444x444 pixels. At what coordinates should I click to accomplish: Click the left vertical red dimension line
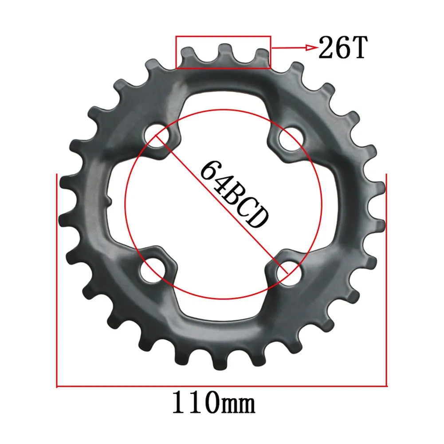point(57,279)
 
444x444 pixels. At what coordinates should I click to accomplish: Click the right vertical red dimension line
point(387,279)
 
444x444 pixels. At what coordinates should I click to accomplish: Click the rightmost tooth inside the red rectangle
point(262,57)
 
